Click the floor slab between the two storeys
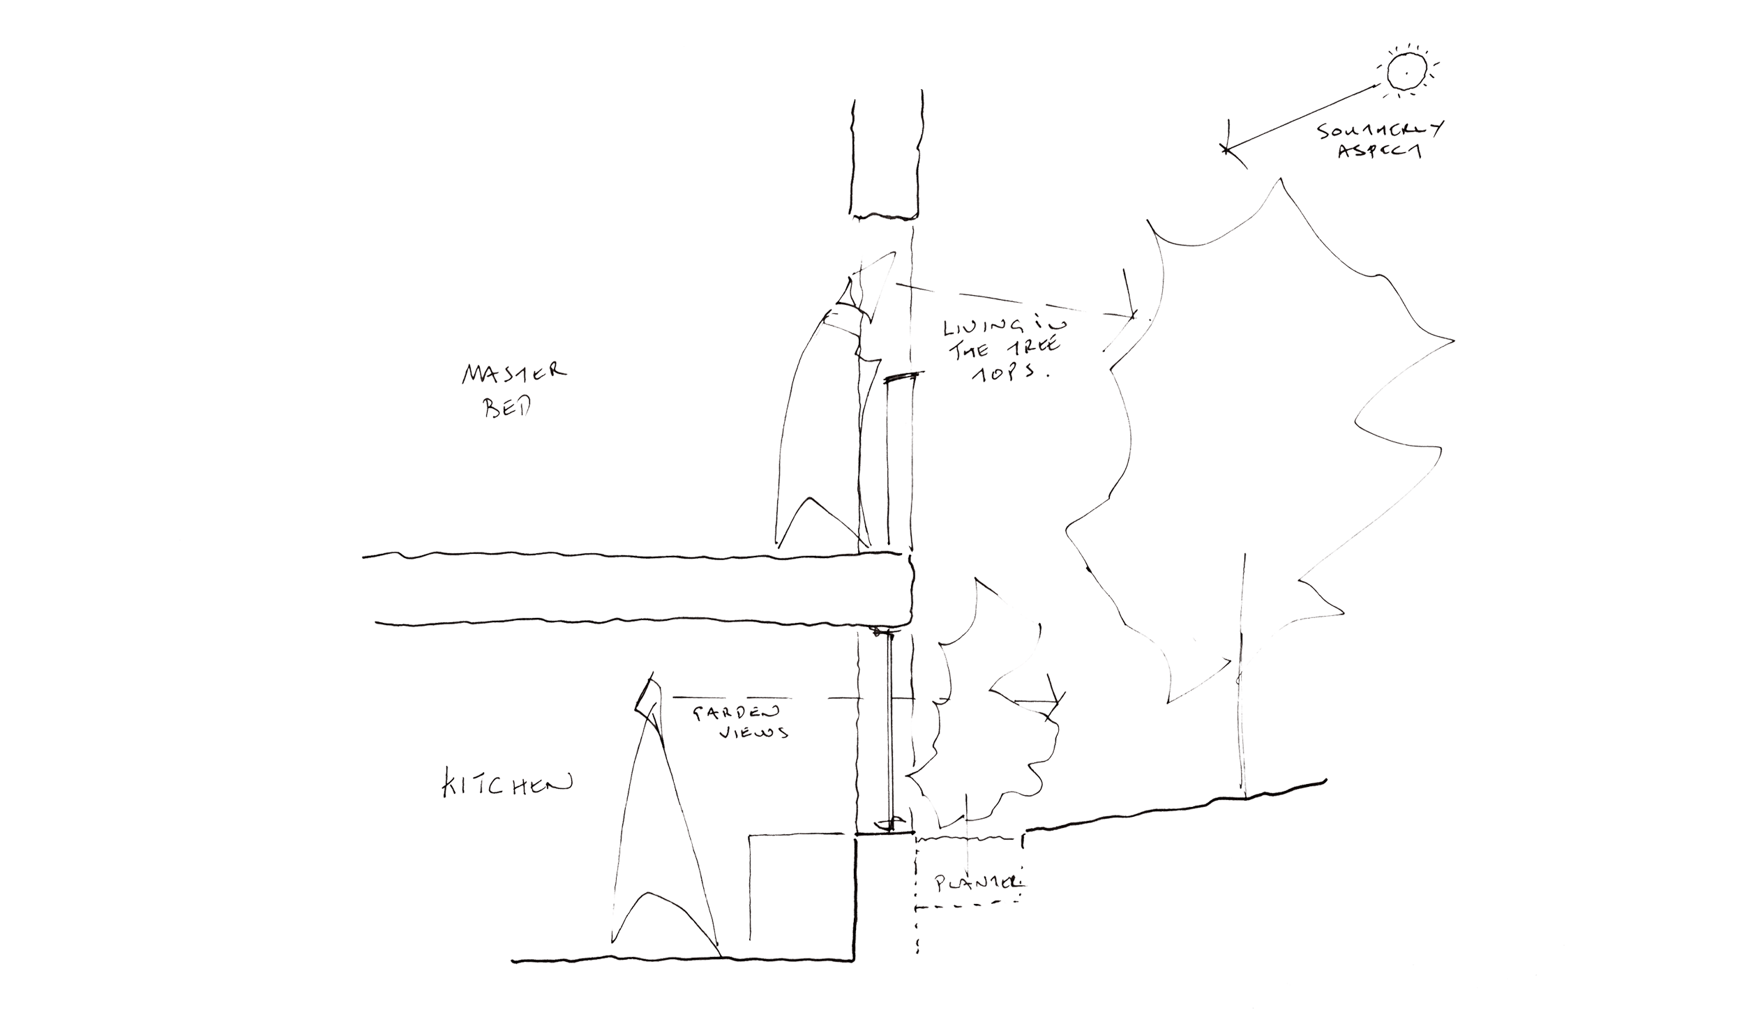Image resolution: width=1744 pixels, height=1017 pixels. point(642,589)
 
